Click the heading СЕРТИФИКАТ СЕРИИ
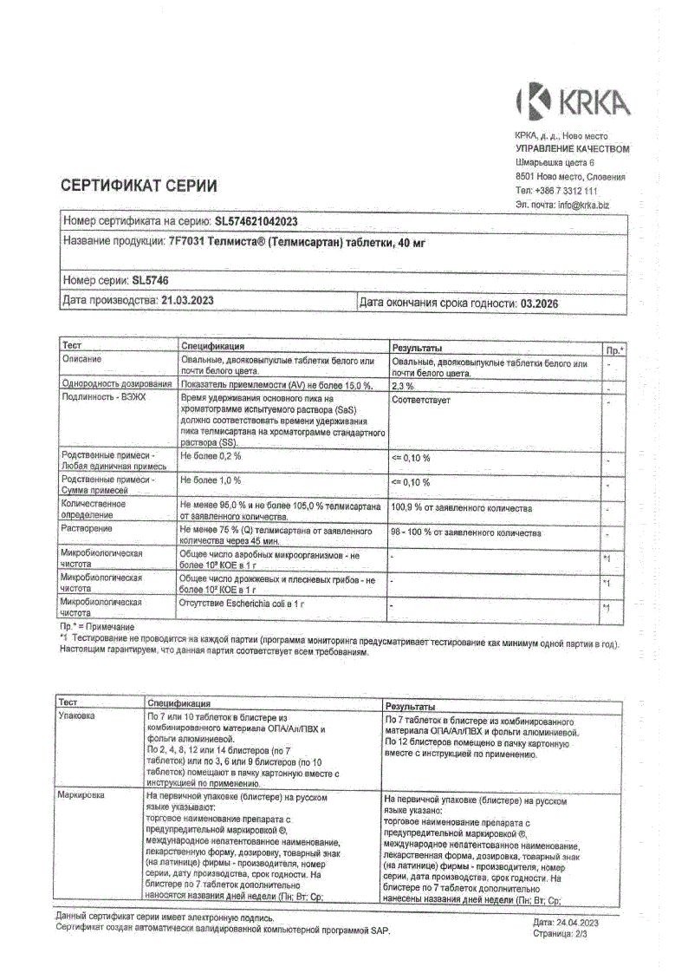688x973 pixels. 139,186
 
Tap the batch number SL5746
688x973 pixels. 150,280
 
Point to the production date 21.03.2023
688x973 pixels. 188,300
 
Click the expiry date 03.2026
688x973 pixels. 542,301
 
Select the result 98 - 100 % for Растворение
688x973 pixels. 466,533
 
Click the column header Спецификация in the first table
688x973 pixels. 212,345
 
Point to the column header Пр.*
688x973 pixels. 613,349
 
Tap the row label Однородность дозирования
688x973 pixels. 117,383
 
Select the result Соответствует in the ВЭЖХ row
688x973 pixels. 420,401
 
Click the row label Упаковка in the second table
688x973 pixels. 76,716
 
